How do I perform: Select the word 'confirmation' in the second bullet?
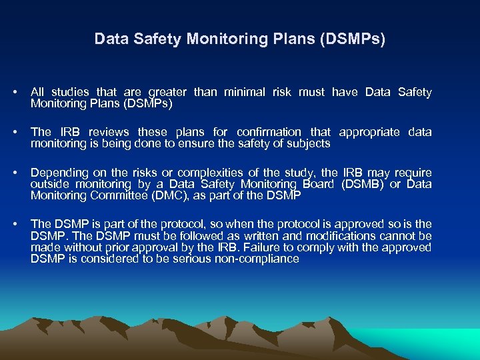[x=272, y=132]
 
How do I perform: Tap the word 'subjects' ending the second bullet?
[x=309, y=143]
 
